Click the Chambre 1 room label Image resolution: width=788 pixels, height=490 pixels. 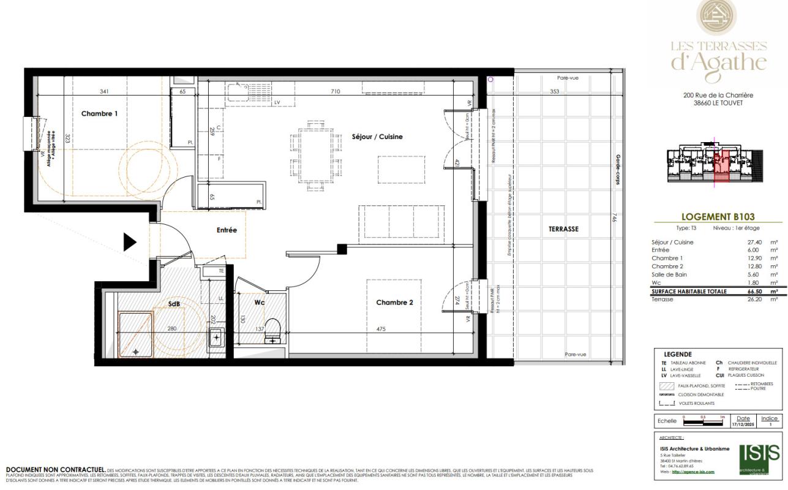coord(99,113)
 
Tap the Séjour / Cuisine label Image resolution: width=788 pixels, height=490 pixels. coord(377,137)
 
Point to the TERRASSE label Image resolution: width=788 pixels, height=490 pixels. coord(564,229)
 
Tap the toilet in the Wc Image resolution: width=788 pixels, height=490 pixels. coord(272,331)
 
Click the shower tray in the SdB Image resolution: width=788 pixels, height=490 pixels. coord(135,334)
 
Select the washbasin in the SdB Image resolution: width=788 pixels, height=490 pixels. coord(216,337)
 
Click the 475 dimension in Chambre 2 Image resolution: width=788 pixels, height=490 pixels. coord(381,329)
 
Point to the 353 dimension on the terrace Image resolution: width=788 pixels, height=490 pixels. coord(554,91)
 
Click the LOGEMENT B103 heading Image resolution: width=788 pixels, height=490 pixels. coord(718,216)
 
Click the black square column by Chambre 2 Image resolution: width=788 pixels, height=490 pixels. coord(342,249)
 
